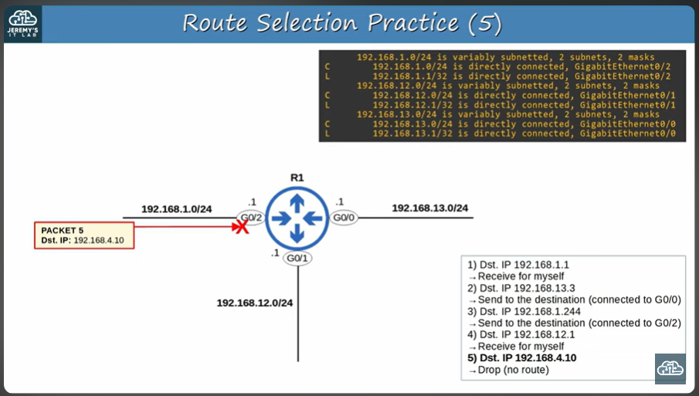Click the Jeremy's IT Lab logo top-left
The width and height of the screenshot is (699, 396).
22,23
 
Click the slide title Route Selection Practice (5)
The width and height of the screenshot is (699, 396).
342,23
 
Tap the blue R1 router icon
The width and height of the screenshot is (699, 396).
297,218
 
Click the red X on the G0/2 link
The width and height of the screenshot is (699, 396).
242,225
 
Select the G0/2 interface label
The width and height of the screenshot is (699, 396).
251,218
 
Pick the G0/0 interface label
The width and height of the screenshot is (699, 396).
344,218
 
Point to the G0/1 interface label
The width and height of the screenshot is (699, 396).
297,259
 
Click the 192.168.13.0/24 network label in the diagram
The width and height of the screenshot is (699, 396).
429,208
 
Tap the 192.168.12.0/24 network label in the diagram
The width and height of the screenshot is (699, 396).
254,303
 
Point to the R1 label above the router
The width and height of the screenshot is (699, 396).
297,178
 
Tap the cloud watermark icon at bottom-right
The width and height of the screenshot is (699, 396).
670,369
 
